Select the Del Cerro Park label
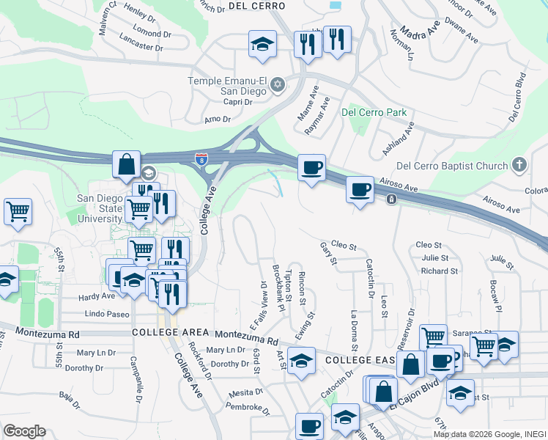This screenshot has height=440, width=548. click(x=373, y=113)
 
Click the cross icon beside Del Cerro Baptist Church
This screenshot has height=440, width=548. click(x=519, y=165)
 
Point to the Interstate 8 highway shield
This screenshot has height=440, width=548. click(x=201, y=158)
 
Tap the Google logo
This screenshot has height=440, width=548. click(x=24, y=430)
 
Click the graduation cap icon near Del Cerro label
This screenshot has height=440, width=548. click(x=262, y=44)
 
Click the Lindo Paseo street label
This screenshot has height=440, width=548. click(x=107, y=314)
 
